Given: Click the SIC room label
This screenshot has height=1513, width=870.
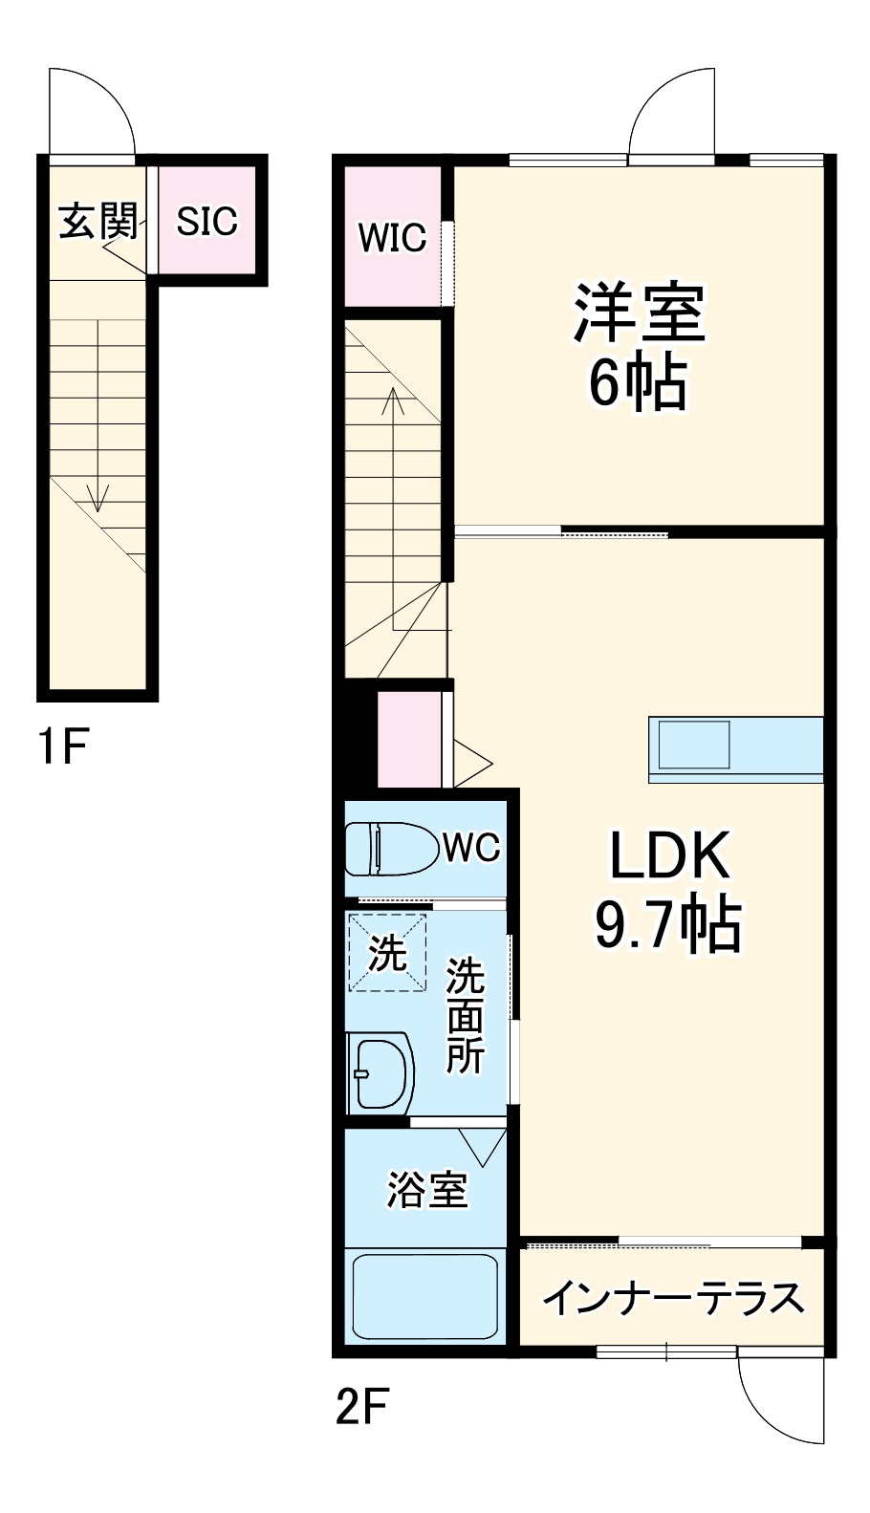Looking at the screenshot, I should pyautogui.click(x=207, y=221).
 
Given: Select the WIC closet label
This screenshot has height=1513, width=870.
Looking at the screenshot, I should pyautogui.click(x=392, y=237).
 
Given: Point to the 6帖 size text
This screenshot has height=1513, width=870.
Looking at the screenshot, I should pyautogui.click(x=638, y=382).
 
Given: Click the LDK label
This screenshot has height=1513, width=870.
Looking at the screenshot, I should pyautogui.click(x=668, y=855).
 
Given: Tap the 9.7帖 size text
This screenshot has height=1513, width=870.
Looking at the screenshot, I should pyautogui.click(x=668, y=924).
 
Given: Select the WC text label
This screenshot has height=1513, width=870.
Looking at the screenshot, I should pyautogui.click(x=471, y=847).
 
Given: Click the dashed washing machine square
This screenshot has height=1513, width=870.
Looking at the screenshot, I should pyautogui.click(x=387, y=952).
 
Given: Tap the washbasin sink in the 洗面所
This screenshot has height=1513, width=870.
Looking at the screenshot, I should pyautogui.click(x=381, y=1072).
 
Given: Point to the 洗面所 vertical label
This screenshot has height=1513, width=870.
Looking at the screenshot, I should pyautogui.click(x=466, y=1015).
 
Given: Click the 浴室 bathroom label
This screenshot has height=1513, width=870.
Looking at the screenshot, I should pyautogui.click(x=426, y=1189).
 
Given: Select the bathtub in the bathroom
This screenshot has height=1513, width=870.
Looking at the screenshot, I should pyautogui.click(x=424, y=1297).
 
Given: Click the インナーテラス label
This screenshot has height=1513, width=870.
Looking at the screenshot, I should pyautogui.click(x=673, y=1298).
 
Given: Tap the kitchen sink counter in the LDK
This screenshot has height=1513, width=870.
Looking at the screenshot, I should pyautogui.click(x=736, y=748).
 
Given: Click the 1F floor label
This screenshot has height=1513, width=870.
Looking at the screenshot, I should pyautogui.click(x=63, y=746).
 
